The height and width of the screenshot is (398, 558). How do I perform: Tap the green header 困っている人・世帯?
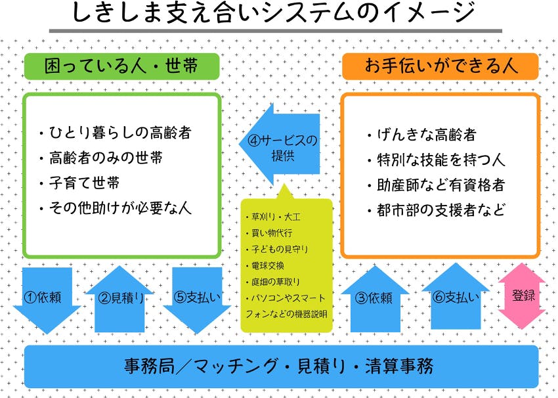(x=121, y=66)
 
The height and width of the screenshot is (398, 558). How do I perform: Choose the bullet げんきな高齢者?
(x=421, y=135)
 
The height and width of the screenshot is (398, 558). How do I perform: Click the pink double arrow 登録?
(x=523, y=296)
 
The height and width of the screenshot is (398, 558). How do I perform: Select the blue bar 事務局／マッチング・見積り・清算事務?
(x=279, y=365)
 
